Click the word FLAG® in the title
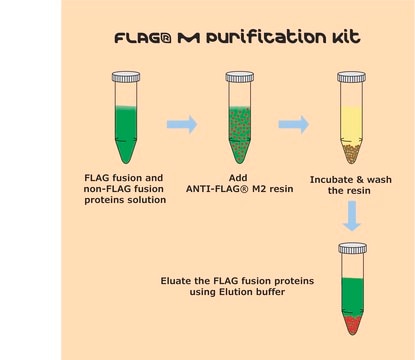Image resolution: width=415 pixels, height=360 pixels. [x=143, y=38]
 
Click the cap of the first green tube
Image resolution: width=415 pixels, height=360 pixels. [x=126, y=77]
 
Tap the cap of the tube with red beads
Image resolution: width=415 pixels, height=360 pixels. [x=239, y=77]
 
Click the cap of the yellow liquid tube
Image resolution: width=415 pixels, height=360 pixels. [x=351, y=77]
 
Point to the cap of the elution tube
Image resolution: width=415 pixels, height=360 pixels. [x=352, y=248]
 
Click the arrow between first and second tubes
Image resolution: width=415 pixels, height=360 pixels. [x=182, y=124]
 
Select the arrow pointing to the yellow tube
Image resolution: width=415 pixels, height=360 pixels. [x=294, y=124]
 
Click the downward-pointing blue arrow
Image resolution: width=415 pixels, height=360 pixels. [x=352, y=216]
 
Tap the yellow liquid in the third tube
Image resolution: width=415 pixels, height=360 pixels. [x=351, y=122]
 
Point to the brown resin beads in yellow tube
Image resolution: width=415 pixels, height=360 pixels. [x=351, y=151]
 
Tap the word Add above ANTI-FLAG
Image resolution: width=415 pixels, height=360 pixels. [x=238, y=178]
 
